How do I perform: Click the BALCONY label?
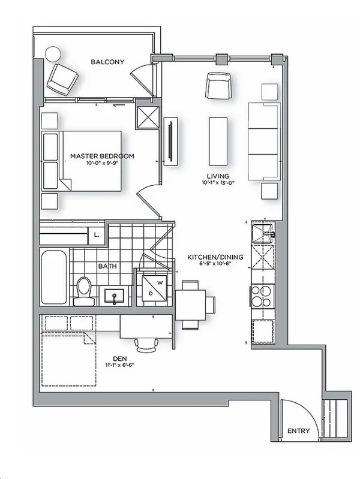(x=107, y=62)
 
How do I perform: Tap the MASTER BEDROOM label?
(x=102, y=156)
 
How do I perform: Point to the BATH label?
(x=108, y=267)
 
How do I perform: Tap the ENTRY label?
(x=298, y=431)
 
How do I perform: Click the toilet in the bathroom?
(x=84, y=288)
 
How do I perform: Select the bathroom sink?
(x=115, y=296)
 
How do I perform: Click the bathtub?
(x=54, y=279)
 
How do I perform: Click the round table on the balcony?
(x=50, y=53)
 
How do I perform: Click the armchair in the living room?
(x=217, y=86)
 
